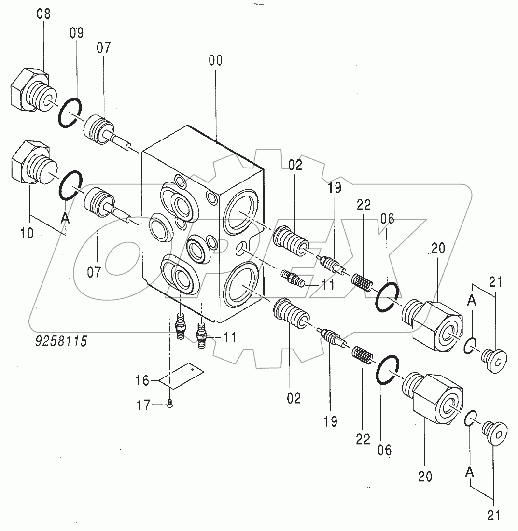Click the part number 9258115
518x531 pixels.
pyautogui.click(x=61, y=341)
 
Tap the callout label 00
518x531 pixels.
pyautogui.click(x=216, y=61)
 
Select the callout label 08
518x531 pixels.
pyautogui.click(x=43, y=14)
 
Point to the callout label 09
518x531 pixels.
pyautogui.click(x=76, y=33)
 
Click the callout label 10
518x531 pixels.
pyautogui.click(x=27, y=233)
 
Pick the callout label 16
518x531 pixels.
pyautogui.click(x=142, y=381)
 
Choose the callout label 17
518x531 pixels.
pyautogui.click(x=143, y=405)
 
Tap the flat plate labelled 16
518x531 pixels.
pyautogui.click(x=182, y=376)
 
